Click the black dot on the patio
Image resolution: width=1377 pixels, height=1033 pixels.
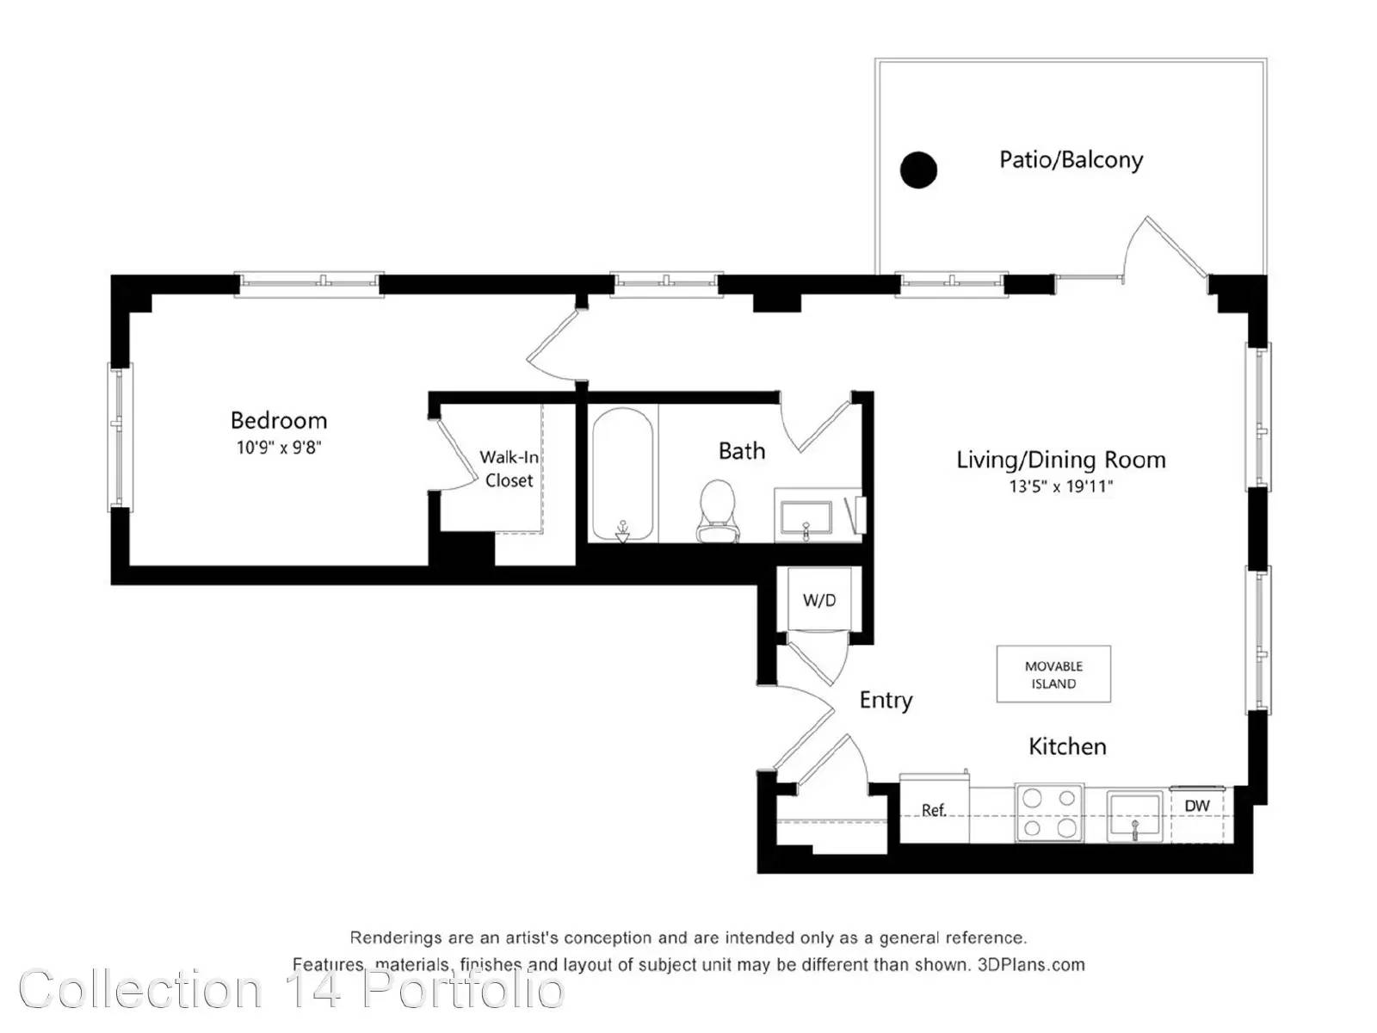[917, 170]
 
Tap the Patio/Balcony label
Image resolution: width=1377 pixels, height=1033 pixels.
[1071, 160]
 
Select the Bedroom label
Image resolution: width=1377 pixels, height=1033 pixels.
[279, 419]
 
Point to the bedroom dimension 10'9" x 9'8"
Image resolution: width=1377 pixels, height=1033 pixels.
[279, 447]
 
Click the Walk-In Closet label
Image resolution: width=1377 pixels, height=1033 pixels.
[509, 468]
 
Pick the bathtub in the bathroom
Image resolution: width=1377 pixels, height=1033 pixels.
[621, 474]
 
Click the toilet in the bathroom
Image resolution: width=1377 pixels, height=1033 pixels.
[717, 511]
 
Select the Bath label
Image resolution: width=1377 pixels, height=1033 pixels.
[742, 451]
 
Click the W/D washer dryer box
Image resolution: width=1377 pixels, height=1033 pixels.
[819, 599]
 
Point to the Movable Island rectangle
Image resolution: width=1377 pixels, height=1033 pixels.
[1053, 674]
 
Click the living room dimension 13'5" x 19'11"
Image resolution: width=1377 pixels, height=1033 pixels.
[1061, 486]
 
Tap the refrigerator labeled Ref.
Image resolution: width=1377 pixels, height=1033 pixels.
[934, 808]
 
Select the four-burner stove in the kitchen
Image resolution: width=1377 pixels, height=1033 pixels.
[1049, 813]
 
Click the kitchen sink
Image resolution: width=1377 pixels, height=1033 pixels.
[1134, 815]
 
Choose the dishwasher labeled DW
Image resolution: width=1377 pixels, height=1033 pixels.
[1197, 814]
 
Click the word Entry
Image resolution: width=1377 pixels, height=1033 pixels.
[886, 700]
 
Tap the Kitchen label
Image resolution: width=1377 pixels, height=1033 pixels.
[1067, 746]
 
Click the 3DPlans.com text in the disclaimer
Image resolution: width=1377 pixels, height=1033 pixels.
[1031, 965]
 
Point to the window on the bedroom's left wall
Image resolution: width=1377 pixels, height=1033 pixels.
[119, 436]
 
